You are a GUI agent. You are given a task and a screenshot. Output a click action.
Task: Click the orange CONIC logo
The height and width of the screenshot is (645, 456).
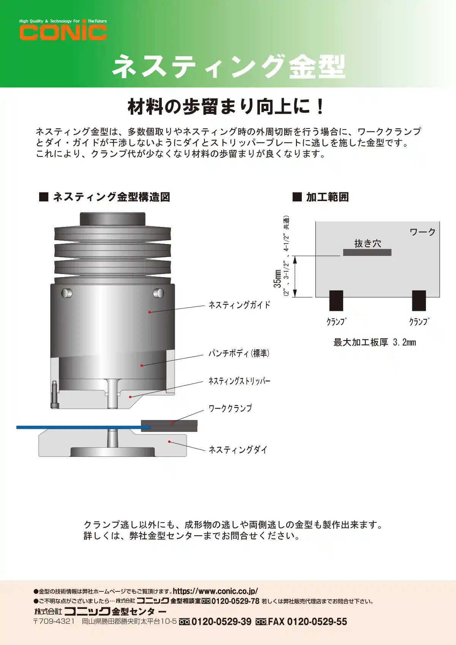63,32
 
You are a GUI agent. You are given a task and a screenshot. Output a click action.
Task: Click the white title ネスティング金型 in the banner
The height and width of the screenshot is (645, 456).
229,67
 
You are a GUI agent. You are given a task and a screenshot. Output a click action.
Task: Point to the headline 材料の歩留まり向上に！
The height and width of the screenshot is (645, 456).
226,106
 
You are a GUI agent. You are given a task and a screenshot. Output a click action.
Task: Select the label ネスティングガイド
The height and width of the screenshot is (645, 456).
239,305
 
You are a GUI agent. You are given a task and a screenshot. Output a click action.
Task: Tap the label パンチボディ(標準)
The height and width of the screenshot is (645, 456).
239,353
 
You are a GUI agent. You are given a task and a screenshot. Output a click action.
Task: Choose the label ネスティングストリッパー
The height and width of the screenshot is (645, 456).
239,381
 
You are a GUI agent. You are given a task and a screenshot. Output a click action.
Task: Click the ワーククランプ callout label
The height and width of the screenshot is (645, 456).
230,408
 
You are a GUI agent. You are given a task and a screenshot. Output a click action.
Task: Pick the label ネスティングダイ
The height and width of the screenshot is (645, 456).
238,450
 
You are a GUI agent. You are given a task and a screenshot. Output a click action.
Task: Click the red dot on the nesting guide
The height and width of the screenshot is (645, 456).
149,312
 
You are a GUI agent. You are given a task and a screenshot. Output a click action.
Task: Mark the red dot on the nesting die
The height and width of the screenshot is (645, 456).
169,442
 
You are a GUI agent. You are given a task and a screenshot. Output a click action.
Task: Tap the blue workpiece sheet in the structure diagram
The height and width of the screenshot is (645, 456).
83,427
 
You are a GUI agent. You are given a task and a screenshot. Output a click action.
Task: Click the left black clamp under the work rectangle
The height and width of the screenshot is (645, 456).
336,300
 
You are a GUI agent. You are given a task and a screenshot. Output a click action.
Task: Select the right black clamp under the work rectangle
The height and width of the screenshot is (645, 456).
419,300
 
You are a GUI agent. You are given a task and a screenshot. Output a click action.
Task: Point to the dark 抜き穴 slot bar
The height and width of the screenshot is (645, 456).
367,252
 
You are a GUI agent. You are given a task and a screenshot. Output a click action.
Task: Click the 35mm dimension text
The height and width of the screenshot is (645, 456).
277,279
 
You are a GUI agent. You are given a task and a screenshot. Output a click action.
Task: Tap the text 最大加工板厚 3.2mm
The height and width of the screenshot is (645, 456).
375,342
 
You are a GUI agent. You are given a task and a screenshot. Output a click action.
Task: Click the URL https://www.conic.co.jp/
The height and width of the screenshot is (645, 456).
215,591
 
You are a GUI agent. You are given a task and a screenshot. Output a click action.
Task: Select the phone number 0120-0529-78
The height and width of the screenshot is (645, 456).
236,601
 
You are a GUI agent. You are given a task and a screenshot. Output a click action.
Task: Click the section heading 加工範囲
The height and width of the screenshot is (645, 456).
327,197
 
